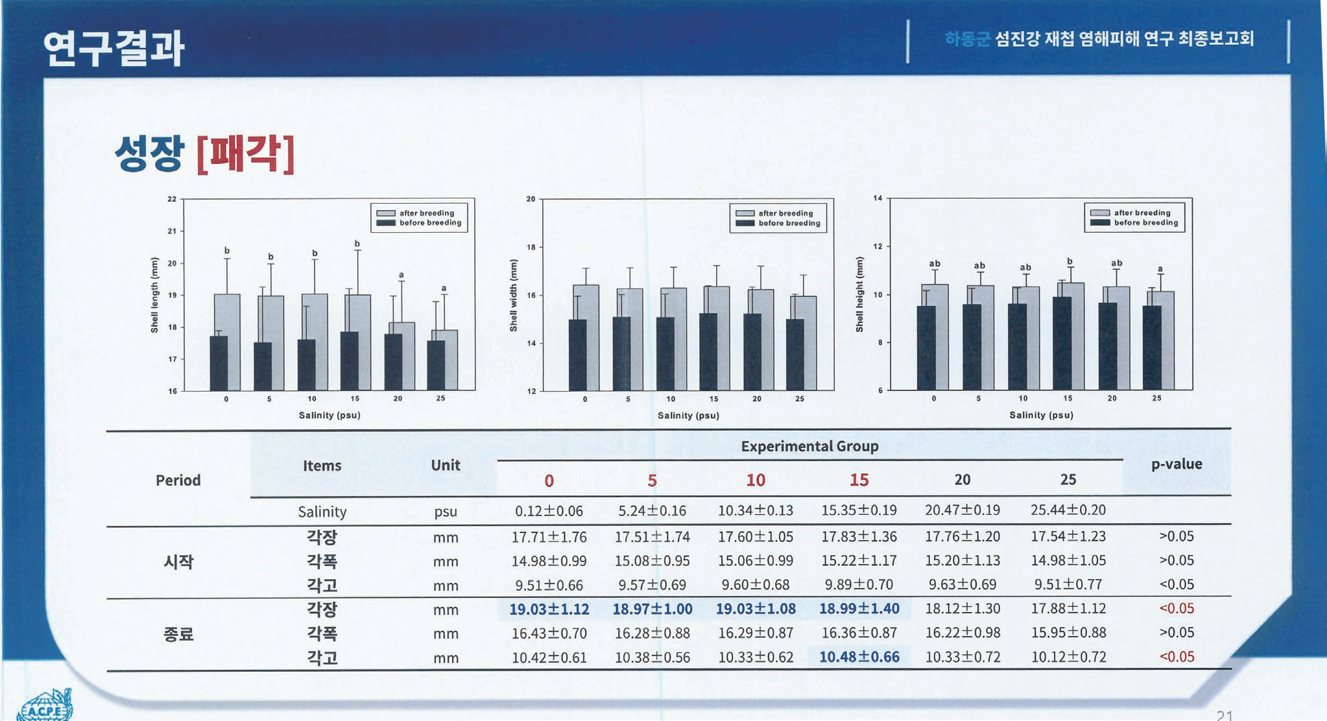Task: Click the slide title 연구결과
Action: pyautogui.click(x=114, y=48)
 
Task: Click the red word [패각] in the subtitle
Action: pyautogui.click(x=245, y=154)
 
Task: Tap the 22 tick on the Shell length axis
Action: pyautogui.click(x=172, y=199)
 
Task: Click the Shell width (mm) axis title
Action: pyautogui.click(x=514, y=295)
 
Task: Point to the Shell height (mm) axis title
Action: pyautogui.click(x=859, y=294)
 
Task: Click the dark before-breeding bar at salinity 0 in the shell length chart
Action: pyautogui.click(x=219, y=363)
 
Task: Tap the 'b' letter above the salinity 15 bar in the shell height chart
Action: pyautogui.click(x=1070, y=261)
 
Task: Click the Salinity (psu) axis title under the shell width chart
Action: pyautogui.click(x=688, y=415)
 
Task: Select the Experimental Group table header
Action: pyautogui.click(x=809, y=446)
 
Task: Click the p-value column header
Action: pyautogui.click(x=1176, y=464)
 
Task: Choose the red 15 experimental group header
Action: pyautogui.click(x=859, y=480)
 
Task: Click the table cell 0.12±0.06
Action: pyautogui.click(x=549, y=511)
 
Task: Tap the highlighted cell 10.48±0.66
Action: pyautogui.click(x=859, y=657)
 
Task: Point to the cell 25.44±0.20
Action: pyautogui.click(x=1068, y=510)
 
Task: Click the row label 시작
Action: pyautogui.click(x=178, y=561)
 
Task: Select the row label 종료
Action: pyautogui.click(x=178, y=633)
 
